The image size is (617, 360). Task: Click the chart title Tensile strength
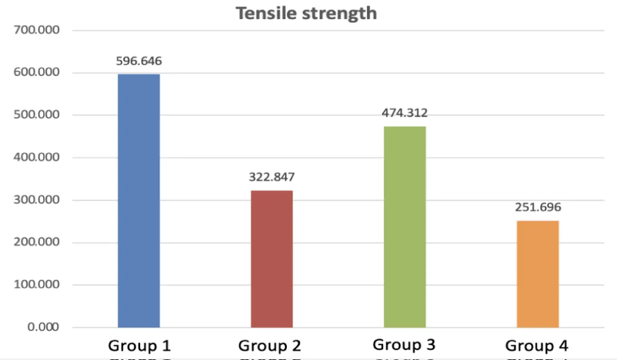(306, 13)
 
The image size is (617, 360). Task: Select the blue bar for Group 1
(139, 201)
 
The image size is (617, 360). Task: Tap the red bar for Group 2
(271, 259)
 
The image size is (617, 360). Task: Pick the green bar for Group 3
(405, 227)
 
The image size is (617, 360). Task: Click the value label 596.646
(139, 61)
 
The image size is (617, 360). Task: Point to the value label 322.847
(271, 177)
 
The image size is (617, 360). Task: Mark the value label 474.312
(405, 113)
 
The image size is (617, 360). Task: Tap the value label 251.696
(538, 207)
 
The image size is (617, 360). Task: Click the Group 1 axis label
(139, 345)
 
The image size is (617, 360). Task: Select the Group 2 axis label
(270, 346)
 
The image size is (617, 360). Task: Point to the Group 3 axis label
(404, 345)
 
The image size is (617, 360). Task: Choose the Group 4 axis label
(537, 346)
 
